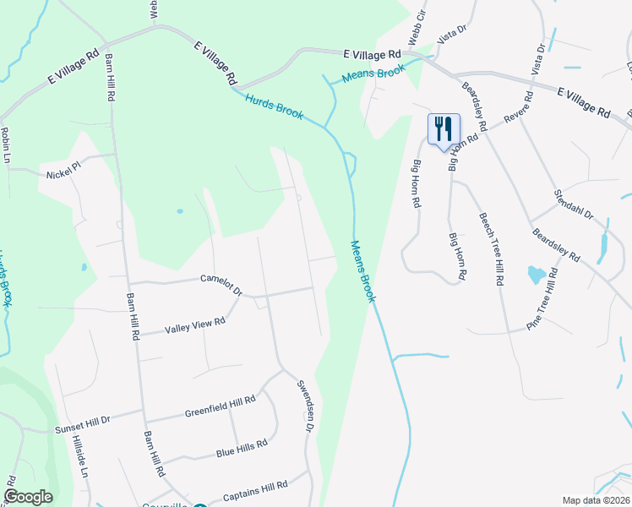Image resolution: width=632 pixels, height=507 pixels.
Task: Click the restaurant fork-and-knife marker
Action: click(444, 129)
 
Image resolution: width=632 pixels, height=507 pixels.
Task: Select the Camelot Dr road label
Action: click(221, 285)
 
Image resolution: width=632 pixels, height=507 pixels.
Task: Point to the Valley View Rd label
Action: click(195, 324)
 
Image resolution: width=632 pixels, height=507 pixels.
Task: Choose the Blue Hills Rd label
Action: click(242, 448)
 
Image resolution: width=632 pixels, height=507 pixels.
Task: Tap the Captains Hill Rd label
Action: click(254, 489)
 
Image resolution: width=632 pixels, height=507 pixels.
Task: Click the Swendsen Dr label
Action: click(305, 406)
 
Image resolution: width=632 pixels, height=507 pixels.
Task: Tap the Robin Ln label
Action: click(7, 145)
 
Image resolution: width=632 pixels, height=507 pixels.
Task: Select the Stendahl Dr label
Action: click(574, 204)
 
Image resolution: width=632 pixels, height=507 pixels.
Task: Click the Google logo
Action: click(28, 497)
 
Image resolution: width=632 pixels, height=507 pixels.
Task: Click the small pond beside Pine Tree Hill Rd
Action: click(537, 275)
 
